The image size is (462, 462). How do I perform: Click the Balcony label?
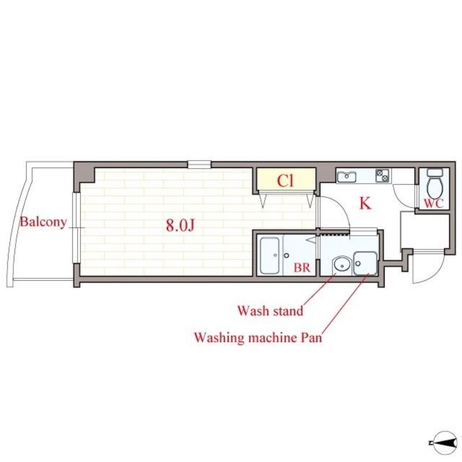point(43,222)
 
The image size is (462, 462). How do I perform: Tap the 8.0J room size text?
point(179,225)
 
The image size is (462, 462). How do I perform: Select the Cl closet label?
point(286,181)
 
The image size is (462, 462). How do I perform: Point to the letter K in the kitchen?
point(365,203)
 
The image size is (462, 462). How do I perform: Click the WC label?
point(433,203)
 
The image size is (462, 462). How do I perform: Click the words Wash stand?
point(270,311)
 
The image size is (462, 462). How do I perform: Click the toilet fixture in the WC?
point(433,183)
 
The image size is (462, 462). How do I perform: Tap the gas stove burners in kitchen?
point(382,175)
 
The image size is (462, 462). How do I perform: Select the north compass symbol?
point(442,443)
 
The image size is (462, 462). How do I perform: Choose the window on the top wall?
point(199,164)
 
